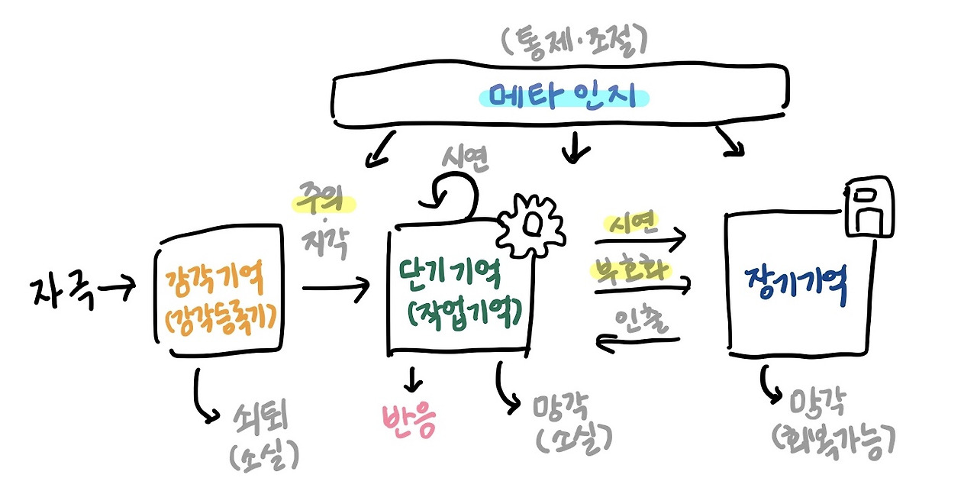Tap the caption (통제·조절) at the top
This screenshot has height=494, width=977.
tap(574, 42)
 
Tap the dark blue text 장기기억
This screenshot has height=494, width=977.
tap(795, 288)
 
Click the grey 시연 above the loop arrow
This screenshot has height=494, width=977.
tap(466, 158)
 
